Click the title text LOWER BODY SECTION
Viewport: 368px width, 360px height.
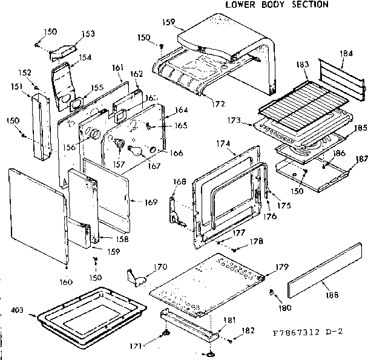[277, 5]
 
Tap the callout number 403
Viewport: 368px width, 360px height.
[17, 310]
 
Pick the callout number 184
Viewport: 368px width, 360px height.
[346, 54]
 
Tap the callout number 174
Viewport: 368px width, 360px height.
[223, 144]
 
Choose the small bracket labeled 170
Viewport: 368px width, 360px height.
[139, 277]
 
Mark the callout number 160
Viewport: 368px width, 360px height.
[67, 281]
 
